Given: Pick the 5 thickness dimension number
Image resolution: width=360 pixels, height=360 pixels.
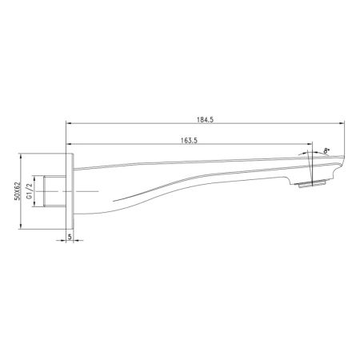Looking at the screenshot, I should tap(70, 237).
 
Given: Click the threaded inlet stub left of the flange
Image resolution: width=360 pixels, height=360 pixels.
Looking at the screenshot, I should tap(57, 193).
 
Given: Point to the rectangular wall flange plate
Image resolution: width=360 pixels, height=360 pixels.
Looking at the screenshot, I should tap(70, 193).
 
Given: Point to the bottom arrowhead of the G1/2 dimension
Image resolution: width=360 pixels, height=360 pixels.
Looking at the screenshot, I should tap(38, 206).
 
